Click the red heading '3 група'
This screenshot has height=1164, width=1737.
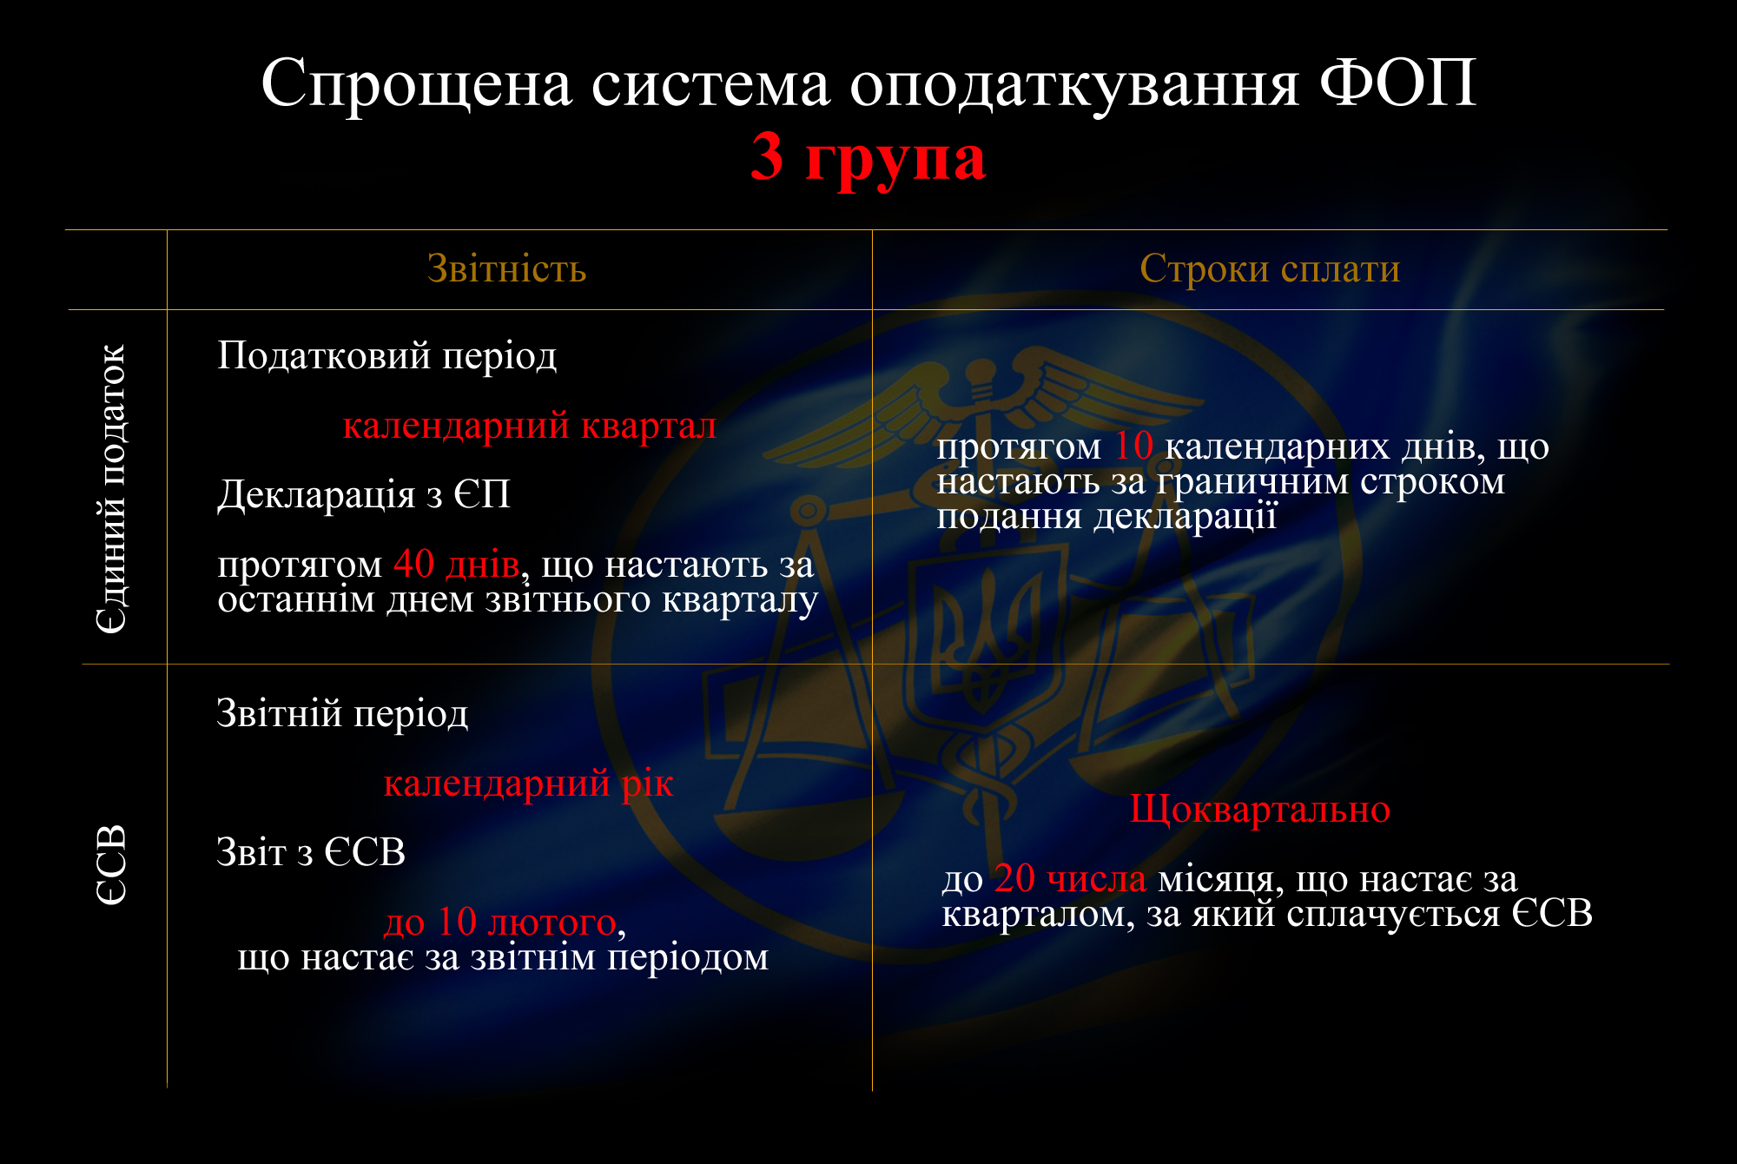point(868,157)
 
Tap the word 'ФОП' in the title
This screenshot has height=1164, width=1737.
point(1398,83)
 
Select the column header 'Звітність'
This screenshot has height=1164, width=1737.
point(507,268)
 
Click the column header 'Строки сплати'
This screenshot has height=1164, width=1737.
point(1270,268)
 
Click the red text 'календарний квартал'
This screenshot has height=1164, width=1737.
point(530,426)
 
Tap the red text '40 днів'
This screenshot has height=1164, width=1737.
point(457,565)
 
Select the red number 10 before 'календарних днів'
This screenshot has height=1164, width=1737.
point(1133,446)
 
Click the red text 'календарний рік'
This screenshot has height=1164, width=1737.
point(528,784)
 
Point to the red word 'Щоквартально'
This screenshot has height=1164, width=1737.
point(1260,810)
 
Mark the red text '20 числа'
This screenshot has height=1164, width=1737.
point(1070,878)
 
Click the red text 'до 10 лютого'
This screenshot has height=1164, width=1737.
point(500,922)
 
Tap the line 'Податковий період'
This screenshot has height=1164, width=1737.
point(387,355)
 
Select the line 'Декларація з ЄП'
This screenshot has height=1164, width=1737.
point(364,494)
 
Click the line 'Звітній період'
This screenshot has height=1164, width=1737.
point(342,713)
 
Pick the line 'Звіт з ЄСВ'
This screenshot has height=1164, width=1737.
point(311,852)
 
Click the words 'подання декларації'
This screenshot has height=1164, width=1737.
point(1107,517)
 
